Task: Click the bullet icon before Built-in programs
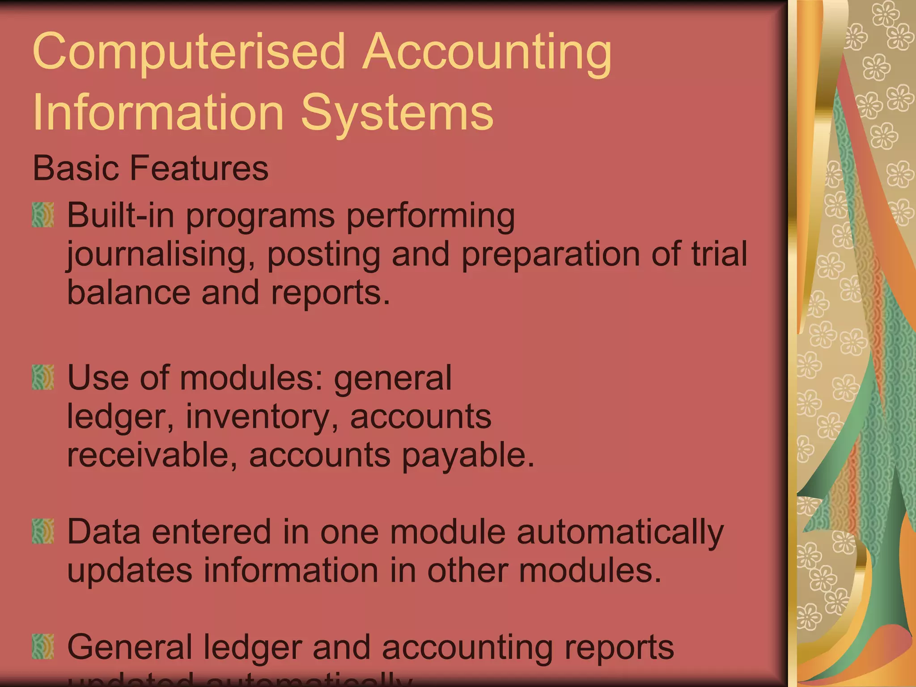click(43, 215)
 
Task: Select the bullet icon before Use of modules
click(43, 377)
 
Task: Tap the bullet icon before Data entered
click(43, 531)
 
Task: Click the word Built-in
click(120, 215)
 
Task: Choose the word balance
click(128, 293)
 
